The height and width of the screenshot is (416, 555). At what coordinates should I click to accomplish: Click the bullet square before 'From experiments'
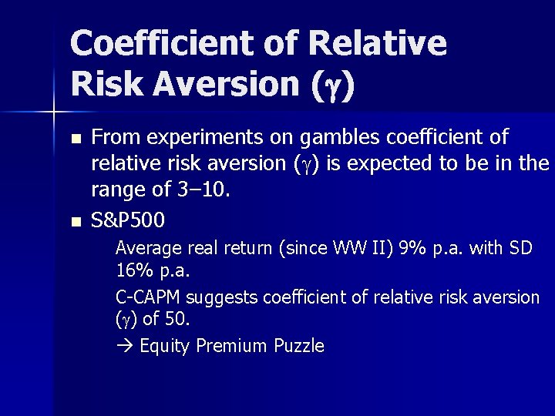(x=75, y=140)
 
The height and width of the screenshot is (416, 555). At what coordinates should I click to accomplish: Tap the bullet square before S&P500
(x=75, y=223)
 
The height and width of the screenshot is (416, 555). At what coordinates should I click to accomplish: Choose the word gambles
(x=331, y=138)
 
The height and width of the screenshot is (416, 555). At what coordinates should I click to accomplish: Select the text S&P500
(x=128, y=221)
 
